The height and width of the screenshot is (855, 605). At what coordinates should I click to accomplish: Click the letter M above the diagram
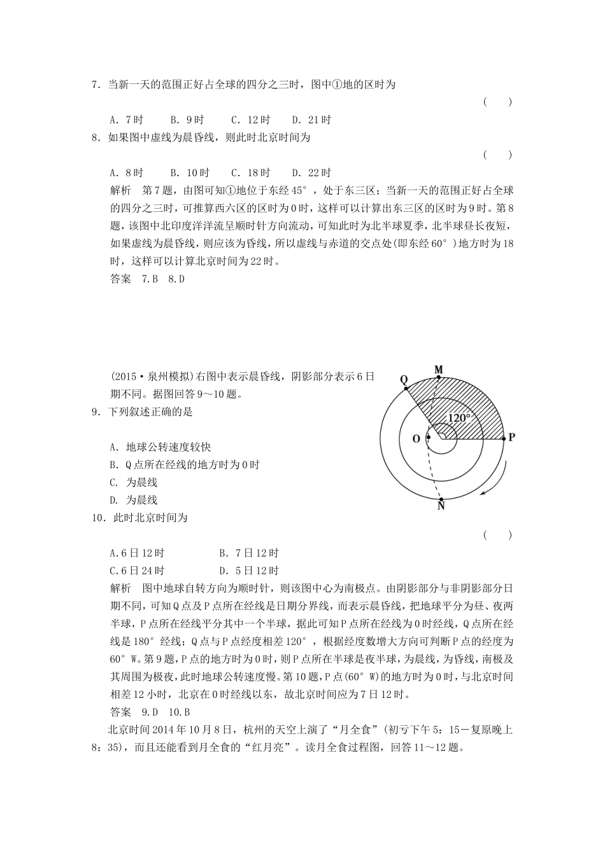[438, 370]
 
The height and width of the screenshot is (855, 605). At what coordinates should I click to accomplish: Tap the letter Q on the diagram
[404, 379]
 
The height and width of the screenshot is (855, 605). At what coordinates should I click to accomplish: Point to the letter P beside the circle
[511, 438]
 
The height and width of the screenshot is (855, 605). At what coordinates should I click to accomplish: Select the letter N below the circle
[441, 507]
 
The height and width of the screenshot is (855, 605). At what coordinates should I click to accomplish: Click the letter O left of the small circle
[416, 438]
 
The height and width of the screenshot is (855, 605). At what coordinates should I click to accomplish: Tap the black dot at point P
[503, 438]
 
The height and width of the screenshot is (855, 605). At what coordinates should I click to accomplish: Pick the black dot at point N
[441, 498]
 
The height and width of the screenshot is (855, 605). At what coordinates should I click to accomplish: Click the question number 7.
[96, 85]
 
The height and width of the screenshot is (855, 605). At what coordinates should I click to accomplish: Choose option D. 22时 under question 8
[311, 172]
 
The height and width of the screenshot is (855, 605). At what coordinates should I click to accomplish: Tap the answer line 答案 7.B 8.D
[147, 279]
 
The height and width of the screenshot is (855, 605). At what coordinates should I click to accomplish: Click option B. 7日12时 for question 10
[249, 553]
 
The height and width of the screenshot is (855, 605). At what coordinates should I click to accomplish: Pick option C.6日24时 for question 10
[137, 571]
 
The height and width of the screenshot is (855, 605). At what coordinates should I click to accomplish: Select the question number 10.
[98, 518]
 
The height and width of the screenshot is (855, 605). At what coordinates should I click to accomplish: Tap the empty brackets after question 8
[497, 155]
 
